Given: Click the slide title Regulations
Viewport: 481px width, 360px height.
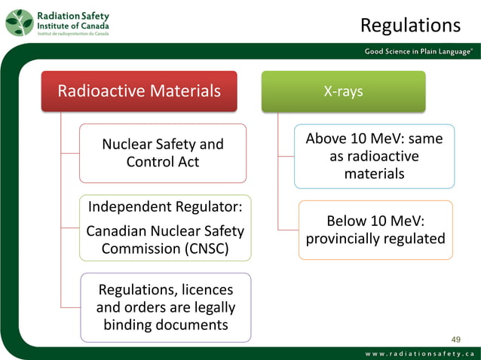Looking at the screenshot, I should point(410,25).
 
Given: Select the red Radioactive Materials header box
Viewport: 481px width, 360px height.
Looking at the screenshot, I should point(140,91).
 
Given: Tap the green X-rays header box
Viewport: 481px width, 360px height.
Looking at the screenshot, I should point(343,91).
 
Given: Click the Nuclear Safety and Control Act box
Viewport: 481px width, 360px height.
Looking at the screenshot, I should point(163,153).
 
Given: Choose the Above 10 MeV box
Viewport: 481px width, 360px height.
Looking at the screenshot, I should point(374,157).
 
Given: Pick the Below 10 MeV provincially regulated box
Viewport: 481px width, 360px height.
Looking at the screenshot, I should point(375,230).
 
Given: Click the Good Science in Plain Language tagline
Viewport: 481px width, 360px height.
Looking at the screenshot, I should point(419,51).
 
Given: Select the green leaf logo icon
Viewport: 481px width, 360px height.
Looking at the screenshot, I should point(19,23).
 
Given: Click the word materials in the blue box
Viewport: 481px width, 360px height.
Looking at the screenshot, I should point(374,174).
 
